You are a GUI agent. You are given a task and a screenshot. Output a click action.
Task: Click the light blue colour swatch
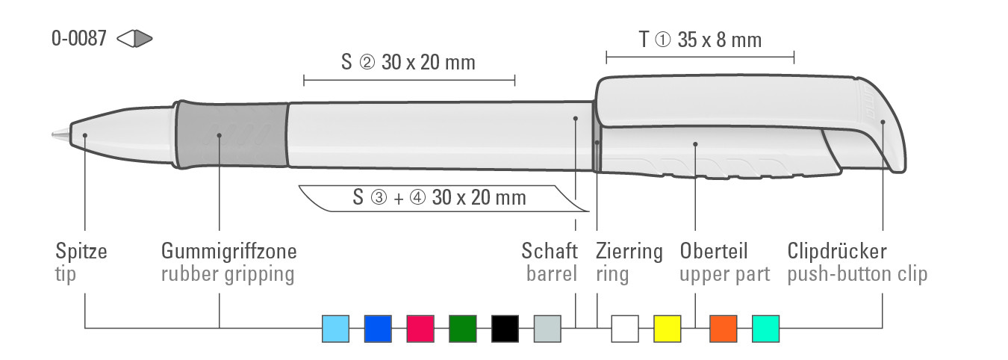[336, 329]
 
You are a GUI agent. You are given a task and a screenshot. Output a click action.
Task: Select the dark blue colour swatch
[378, 329]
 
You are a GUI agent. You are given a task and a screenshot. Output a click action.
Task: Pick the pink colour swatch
[420, 329]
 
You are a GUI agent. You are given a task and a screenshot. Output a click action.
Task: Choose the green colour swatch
[463, 329]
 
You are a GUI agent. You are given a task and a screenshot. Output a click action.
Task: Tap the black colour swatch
[505, 329]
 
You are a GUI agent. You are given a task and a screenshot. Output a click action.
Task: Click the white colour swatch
[625, 329]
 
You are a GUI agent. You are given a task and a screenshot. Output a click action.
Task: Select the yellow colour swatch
[668, 329]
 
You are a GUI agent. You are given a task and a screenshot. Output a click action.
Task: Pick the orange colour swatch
[724, 329]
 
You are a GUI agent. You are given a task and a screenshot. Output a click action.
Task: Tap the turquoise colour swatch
[766, 329]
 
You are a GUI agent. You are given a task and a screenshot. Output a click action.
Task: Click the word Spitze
[81, 252]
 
